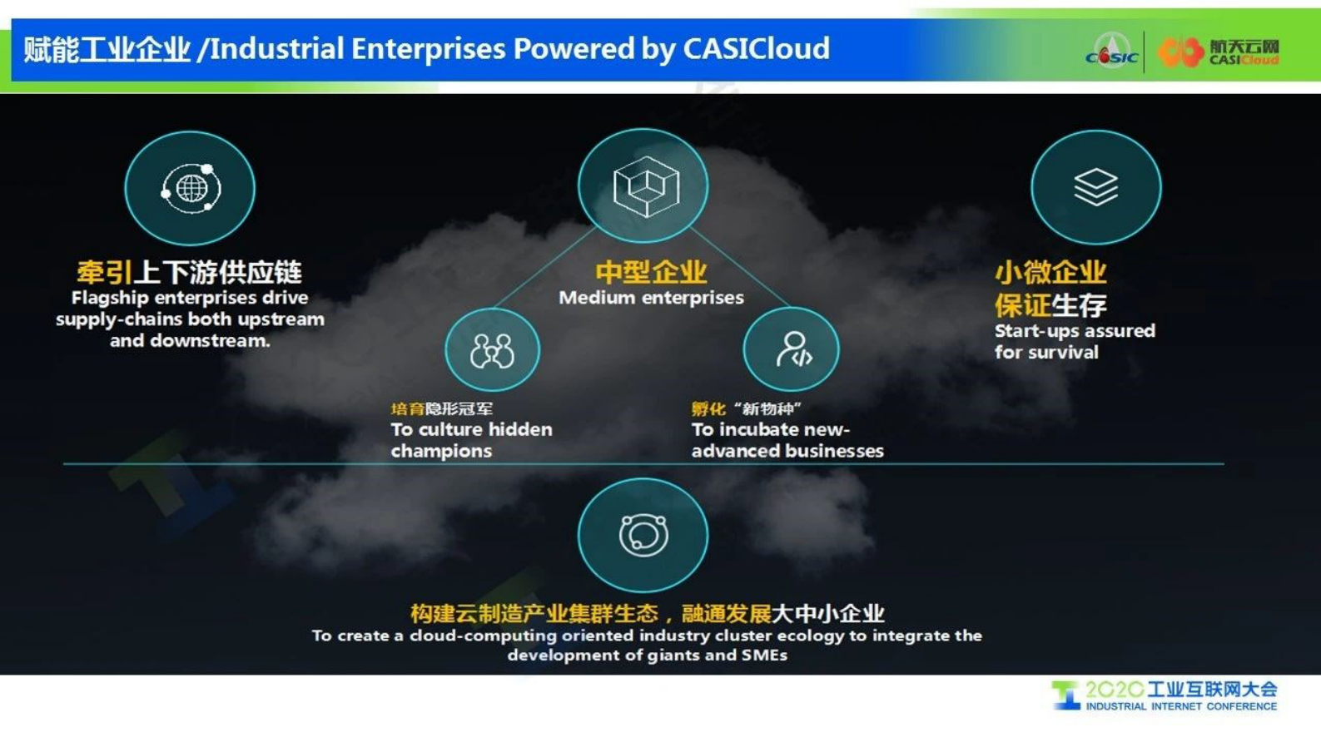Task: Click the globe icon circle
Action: tap(190, 189)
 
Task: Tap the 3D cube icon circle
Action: tap(643, 185)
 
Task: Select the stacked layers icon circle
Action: tap(1096, 187)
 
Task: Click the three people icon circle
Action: tap(493, 349)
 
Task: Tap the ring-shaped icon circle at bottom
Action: tap(643, 535)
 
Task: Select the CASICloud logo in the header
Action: tap(1219, 52)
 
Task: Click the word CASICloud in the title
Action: tap(756, 48)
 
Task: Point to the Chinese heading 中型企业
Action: tap(651, 272)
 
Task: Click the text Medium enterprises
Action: tap(651, 298)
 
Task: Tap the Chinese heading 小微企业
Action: tap(1050, 272)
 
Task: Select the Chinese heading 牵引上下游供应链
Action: tap(189, 272)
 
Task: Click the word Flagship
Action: tap(110, 299)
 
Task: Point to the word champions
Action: tap(441, 452)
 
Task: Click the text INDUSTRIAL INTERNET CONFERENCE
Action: tap(1181, 706)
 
